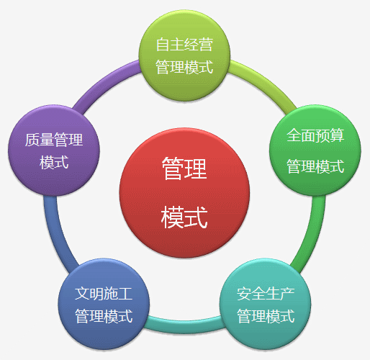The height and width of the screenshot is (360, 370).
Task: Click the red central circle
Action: coord(184,193)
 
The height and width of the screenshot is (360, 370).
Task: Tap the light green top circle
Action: coord(184,55)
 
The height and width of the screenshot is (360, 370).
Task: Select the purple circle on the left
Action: coord(54,150)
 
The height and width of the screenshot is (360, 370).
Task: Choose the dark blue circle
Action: coord(104,304)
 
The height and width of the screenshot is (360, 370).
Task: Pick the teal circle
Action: coord(266,304)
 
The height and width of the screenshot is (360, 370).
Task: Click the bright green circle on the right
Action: coord(315,150)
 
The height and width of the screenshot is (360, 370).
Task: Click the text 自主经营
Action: coord(184,45)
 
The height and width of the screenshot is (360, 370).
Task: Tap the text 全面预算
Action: coord(315,135)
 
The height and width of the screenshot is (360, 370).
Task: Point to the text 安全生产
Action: coord(266,294)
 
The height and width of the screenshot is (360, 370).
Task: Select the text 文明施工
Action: coord(104,294)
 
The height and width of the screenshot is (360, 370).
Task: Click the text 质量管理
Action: coord(54,140)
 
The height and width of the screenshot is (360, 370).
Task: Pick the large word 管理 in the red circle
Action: coord(184,168)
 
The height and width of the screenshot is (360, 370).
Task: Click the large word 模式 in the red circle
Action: coord(184,217)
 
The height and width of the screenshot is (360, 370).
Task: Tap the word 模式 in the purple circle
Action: coord(54,163)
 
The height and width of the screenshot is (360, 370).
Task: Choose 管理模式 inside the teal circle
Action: coord(266,316)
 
